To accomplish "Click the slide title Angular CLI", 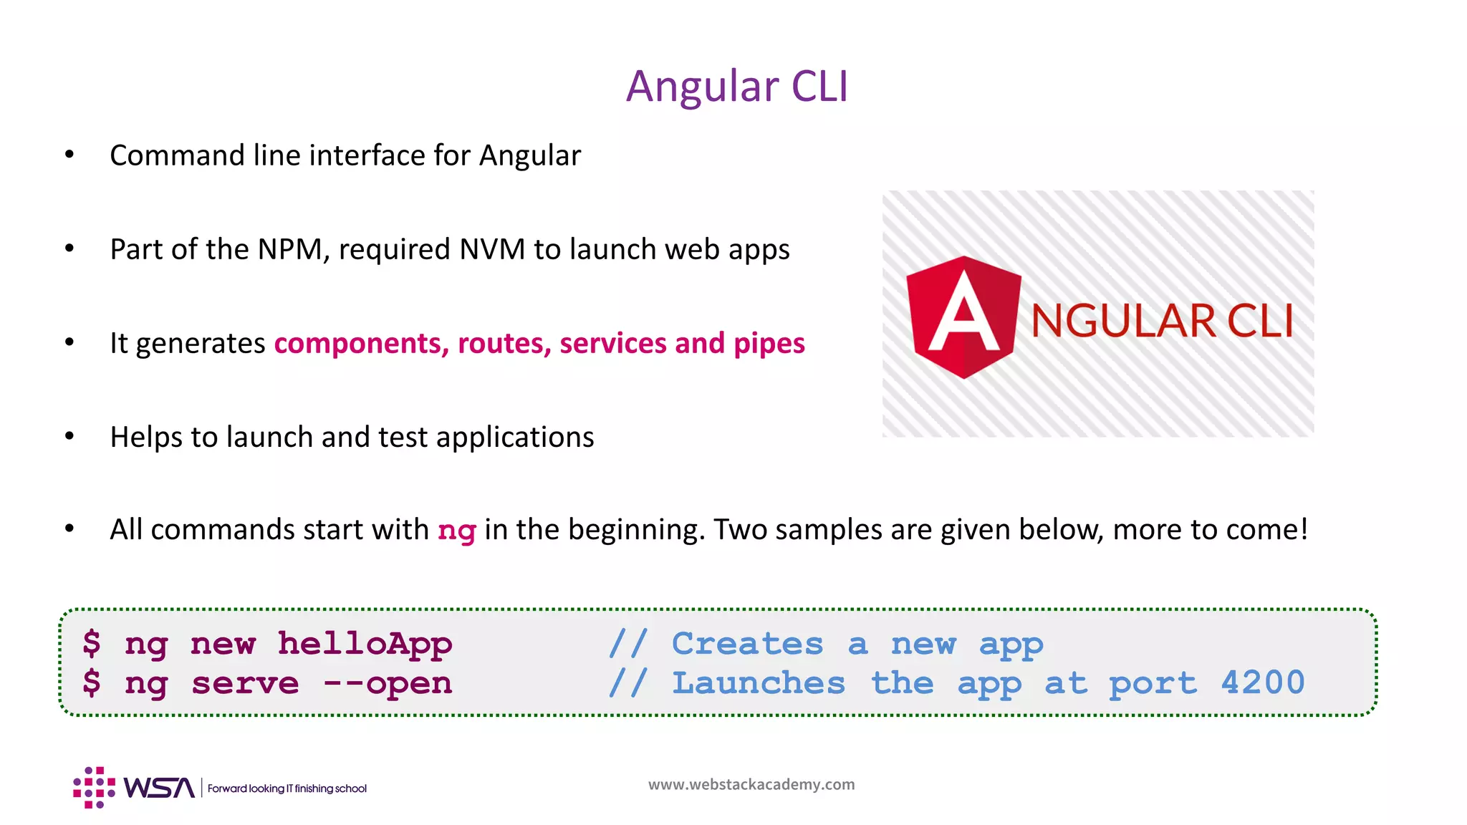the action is click(737, 87).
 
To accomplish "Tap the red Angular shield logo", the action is click(963, 317).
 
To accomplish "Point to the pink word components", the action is click(361, 344).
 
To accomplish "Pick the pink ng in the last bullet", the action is click(456, 531).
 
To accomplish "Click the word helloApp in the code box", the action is click(365, 644).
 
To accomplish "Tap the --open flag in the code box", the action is click(388, 683).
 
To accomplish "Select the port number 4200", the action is click(1263, 683).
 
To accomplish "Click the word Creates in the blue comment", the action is click(747, 644).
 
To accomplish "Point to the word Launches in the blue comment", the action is click(758, 683).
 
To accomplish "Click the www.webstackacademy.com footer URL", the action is click(751, 785).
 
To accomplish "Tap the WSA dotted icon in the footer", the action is click(94, 788).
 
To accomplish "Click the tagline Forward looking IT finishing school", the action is click(287, 788).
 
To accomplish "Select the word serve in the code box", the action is click(245, 683).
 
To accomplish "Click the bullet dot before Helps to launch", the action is click(69, 436).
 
